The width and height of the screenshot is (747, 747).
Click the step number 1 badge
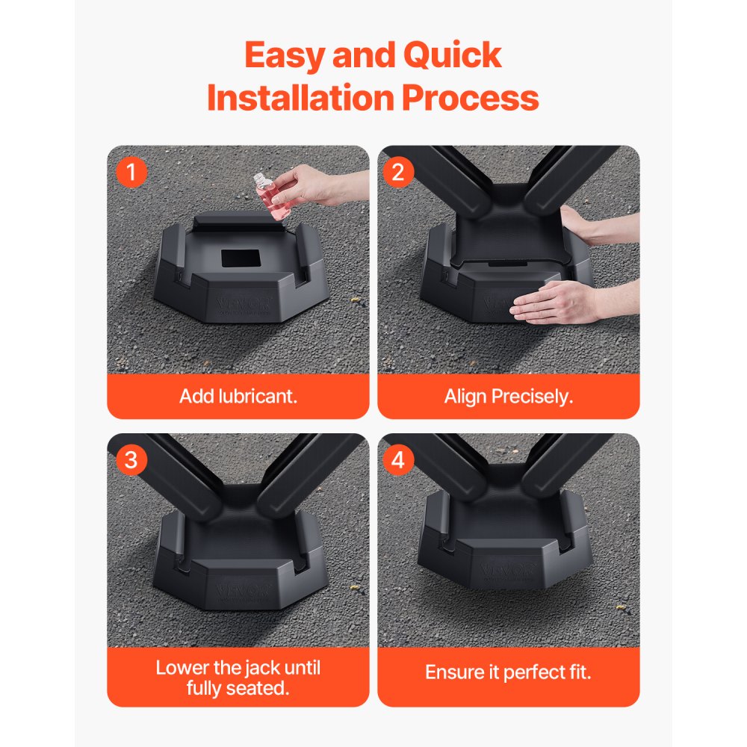(x=131, y=173)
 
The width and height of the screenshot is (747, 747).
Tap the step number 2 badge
(x=398, y=173)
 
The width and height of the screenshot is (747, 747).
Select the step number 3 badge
(x=131, y=460)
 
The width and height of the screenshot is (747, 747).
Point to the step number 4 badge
(x=398, y=460)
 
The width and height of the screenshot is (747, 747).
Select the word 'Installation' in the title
(x=300, y=98)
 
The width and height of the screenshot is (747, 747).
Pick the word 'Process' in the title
(x=471, y=98)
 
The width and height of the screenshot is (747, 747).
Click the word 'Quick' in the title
(x=455, y=56)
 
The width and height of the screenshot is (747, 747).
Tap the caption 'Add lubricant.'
(x=238, y=396)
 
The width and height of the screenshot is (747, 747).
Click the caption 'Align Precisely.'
(x=509, y=396)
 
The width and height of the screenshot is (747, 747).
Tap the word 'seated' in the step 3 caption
(x=257, y=688)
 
